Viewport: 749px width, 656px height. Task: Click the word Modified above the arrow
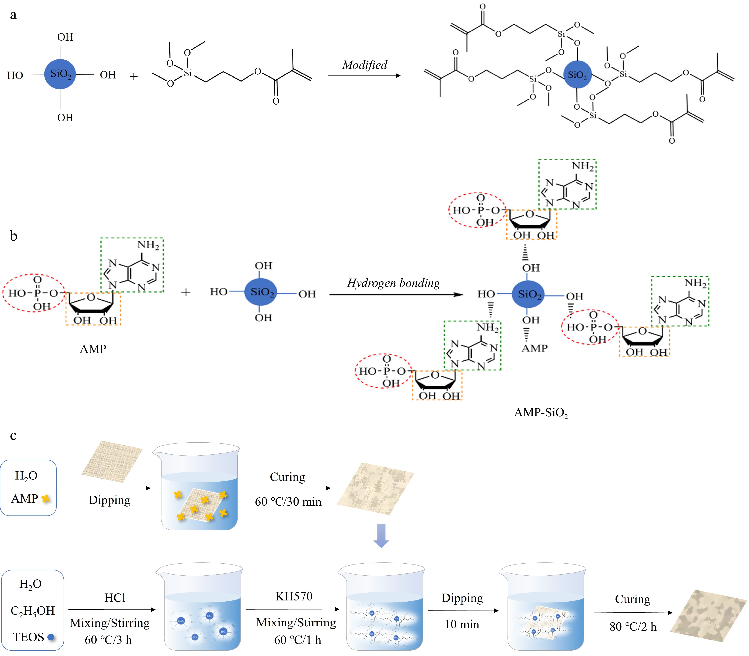pos(364,65)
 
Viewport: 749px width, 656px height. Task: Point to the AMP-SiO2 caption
pos(541,413)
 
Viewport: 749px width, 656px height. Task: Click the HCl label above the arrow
pos(115,598)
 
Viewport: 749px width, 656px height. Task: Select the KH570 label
pos(294,596)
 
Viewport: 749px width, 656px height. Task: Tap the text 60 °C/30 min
pos(288,502)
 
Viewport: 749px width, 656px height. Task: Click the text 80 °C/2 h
pos(633,627)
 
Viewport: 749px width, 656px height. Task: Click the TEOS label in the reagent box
pos(29,637)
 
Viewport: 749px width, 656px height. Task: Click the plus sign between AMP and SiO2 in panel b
pos(186,292)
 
